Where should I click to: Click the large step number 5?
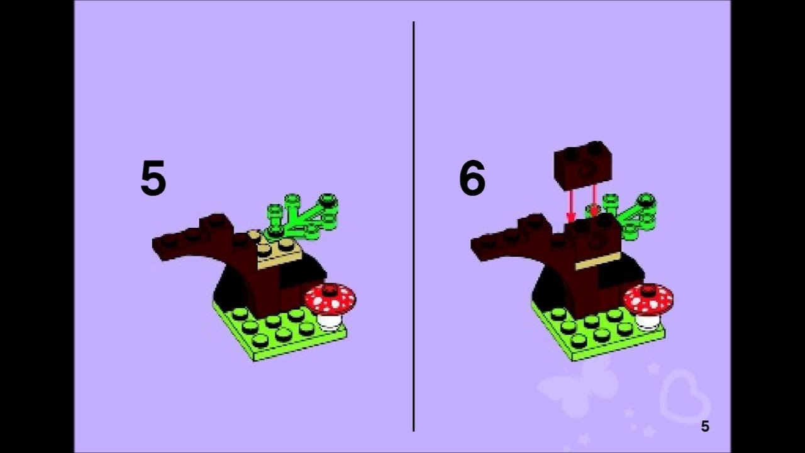[153, 178]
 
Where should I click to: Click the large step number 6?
[472, 178]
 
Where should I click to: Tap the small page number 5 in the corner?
[705, 427]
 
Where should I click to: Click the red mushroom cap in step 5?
[330, 298]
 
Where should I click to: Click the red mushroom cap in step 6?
[648, 298]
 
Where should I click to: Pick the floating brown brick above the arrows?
[583, 165]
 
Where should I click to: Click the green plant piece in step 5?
[303, 216]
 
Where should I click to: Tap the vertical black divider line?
[414, 226]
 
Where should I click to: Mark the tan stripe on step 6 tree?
[598, 261]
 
